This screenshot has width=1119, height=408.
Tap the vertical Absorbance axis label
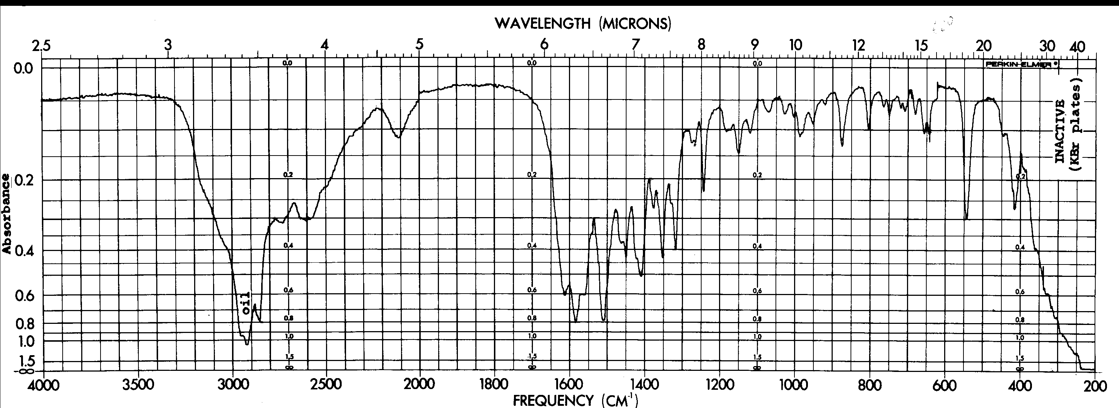[7, 213]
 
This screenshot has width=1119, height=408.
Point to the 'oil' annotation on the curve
[246, 303]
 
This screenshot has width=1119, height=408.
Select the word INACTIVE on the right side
[1060, 131]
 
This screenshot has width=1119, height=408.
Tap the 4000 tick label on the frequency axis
[43, 385]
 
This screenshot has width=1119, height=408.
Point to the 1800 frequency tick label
[494, 385]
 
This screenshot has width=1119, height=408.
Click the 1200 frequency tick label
[720, 385]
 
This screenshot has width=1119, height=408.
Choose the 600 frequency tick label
[945, 385]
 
